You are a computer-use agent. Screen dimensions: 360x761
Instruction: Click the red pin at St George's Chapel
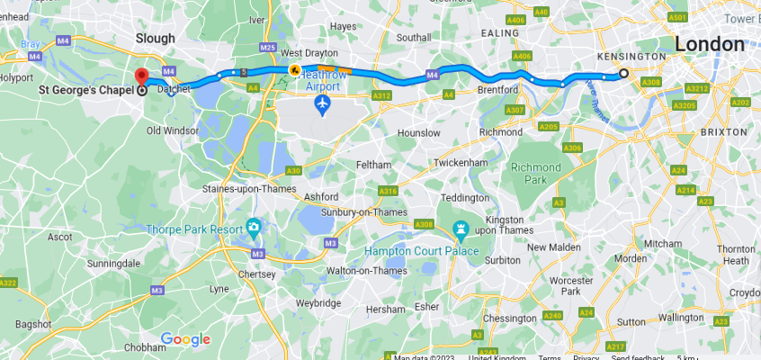[141, 76]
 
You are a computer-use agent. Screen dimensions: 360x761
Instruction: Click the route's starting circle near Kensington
[624, 74]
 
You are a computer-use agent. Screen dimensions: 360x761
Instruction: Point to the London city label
[709, 44]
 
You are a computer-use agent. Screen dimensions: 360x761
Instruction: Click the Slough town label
[155, 38]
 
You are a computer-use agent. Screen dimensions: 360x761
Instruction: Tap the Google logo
[185, 339]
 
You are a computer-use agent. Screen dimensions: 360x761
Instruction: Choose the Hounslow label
[418, 132]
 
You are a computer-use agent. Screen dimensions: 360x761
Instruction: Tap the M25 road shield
[266, 47]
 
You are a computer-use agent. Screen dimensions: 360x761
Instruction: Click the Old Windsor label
[173, 130]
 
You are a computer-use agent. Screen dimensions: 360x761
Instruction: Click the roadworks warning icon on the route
[293, 69]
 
